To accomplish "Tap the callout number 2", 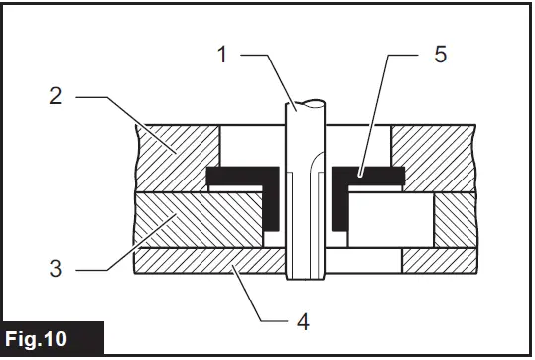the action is coord(56,97).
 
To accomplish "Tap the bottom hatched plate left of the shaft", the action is coord(208,261).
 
